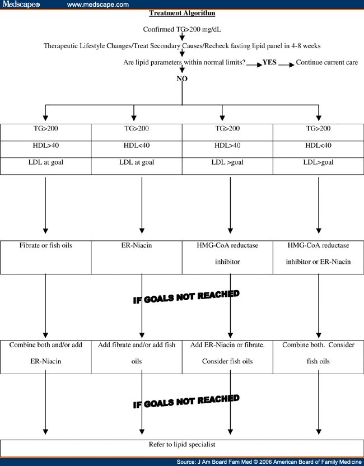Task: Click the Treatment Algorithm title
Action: click(x=182, y=13)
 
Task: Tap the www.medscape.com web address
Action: click(x=98, y=4)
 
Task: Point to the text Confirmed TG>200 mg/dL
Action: click(x=182, y=30)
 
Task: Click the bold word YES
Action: click(x=269, y=62)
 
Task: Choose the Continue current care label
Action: click(x=327, y=62)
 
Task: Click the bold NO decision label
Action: click(x=182, y=78)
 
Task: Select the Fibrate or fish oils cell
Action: click(x=46, y=258)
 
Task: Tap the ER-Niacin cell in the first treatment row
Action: click(x=137, y=258)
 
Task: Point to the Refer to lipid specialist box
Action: click(x=182, y=448)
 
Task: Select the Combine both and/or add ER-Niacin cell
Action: click(x=46, y=357)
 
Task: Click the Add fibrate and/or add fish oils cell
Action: click(x=137, y=357)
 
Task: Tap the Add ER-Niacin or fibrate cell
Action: click(x=227, y=357)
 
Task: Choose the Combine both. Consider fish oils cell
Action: click(x=318, y=357)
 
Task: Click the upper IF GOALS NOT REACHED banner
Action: click(x=186, y=297)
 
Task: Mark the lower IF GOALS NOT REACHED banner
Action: click(x=186, y=401)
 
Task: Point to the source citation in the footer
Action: click(x=269, y=462)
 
